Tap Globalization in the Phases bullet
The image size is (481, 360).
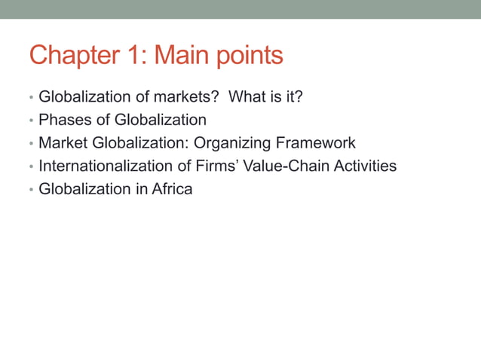click(x=160, y=120)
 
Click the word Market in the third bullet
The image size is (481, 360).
click(x=63, y=142)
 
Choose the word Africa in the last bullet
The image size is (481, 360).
click(x=172, y=189)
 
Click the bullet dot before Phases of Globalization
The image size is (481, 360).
click(x=31, y=121)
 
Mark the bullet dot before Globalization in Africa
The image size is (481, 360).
click(x=31, y=190)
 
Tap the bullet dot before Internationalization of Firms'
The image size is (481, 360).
click(x=31, y=166)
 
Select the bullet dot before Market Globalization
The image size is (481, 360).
click(x=31, y=143)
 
